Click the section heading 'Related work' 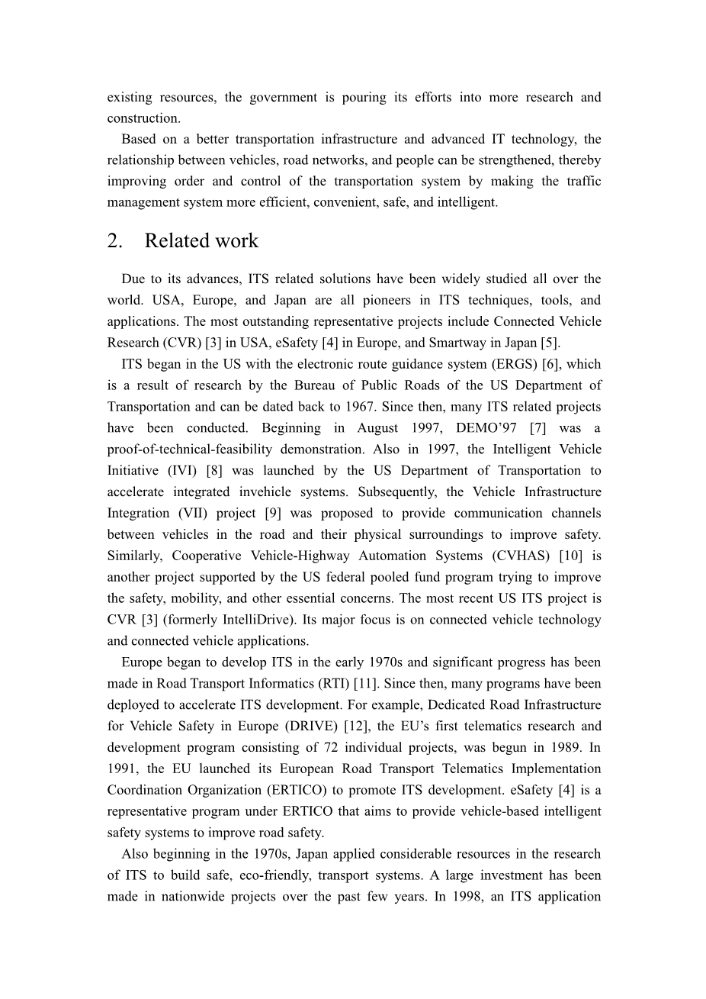click(201, 241)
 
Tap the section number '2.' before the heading click(115, 241)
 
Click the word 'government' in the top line click(284, 97)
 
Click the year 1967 click(432, 407)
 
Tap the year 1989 click(565, 748)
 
